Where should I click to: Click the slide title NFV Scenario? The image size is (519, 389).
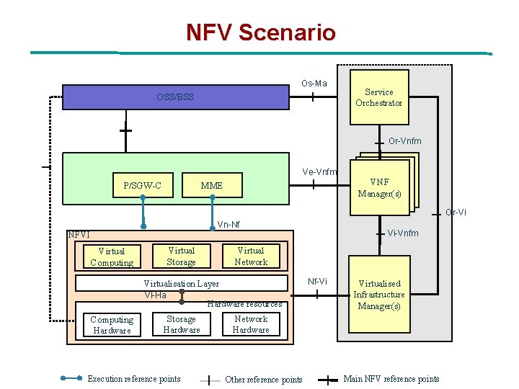point(260,32)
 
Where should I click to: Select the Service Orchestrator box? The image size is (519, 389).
point(378,97)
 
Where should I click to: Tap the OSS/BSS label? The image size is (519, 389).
point(175,97)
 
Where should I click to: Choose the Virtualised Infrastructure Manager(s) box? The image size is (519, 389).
point(379,295)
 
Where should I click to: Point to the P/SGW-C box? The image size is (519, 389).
point(142,186)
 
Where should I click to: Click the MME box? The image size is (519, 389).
point(212,186)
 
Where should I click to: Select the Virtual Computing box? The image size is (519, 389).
point(111,257)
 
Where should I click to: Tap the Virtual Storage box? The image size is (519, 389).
point(181,256)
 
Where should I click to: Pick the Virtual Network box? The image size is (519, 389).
point(251,256)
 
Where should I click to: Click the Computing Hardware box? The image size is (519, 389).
point(111,325)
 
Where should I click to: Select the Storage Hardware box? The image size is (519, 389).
point(181,324)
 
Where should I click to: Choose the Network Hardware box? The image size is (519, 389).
point(251,324)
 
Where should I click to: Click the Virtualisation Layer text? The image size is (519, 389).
point(182,284)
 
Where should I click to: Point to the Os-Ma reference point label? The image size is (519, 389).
point(314,83)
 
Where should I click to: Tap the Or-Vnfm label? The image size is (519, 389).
point(404,141)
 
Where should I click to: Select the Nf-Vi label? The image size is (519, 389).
point(317,281)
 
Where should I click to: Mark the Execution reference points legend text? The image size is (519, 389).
point(133,379)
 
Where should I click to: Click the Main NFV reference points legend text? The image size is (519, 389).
point(391,379)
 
